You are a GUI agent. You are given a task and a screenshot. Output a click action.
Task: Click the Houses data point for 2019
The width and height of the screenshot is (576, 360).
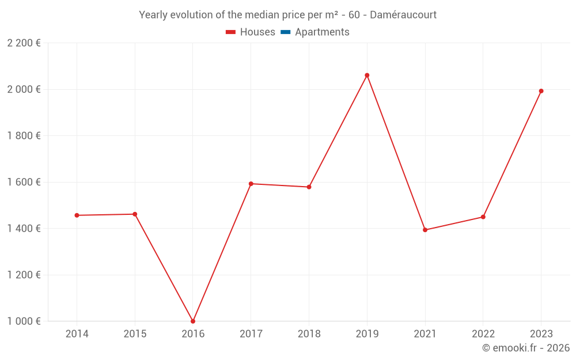point(367,75)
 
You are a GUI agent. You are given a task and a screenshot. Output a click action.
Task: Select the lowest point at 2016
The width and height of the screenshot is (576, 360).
point(193,321)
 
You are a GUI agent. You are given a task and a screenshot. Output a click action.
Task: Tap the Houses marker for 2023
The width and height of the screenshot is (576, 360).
point(541,91)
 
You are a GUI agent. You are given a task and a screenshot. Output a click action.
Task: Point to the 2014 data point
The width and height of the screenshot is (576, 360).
point(77,215)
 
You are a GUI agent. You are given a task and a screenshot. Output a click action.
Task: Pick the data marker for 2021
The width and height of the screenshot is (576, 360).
point(425,230)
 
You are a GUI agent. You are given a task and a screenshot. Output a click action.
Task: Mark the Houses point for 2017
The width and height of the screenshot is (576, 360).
point(251,184)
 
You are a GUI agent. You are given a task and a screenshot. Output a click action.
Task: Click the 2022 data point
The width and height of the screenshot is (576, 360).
point(483,217)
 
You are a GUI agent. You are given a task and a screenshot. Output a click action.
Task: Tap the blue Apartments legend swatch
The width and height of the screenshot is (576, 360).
point(286,32)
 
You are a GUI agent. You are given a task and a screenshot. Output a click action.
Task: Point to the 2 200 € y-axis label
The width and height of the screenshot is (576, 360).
point(24,43)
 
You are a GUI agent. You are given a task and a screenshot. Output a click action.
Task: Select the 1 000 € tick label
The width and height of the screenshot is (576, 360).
point(24,321)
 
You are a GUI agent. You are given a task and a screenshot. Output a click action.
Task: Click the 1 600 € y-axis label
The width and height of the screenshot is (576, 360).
point(24,182)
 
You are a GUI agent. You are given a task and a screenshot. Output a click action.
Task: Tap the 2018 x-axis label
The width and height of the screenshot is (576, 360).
point(309,334)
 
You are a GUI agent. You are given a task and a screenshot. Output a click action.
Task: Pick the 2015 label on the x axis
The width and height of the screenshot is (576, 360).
point(135,334)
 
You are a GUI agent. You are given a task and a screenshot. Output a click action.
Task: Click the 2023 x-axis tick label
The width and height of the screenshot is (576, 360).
point(541,334)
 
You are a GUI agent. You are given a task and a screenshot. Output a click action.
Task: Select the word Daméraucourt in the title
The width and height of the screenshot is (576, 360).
point(403,15)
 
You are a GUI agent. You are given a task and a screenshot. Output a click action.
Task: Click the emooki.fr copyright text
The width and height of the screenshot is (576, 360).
point(526,348)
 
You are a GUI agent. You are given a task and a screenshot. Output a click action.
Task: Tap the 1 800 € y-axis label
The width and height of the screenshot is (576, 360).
point(24,136)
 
